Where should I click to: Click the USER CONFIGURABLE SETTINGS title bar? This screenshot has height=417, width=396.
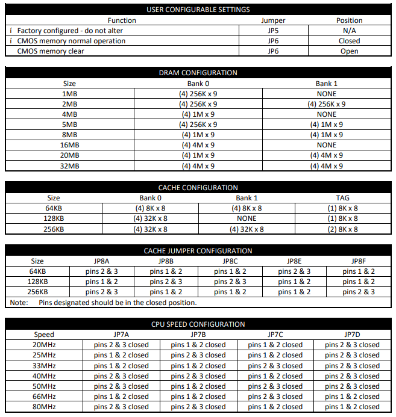pyautogui.click(x=198, y=10)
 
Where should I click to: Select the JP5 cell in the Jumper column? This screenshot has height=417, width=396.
pyautogui.click(x=272, y=31)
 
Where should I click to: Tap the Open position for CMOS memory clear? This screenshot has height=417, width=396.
pyautogui.click(x=349, y=51)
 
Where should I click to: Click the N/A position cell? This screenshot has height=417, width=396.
pyautogui.click(x=349, y=31)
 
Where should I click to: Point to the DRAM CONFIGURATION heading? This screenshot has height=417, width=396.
pyautogui.click(x=198, y=73)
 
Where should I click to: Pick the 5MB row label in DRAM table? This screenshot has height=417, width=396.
pyautogui.click(x=69, y=125)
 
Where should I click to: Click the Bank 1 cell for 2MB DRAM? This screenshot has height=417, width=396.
pyautogui.click(x=326, y=104)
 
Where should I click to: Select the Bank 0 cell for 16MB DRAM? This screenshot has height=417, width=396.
pyautogui.click(x=198, y=145)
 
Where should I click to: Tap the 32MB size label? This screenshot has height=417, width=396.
pyautogui.click(x=69, y=166)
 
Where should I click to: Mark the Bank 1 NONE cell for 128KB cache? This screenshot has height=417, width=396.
pyautogui.click(x=247, y=218)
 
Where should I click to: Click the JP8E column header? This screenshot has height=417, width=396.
pyautogui.click(x=294, y=261)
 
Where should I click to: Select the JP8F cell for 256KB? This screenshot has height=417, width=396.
pyautogui.click(x=359, y=292)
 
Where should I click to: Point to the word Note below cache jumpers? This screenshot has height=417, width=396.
pyautogui.click(x=19, y=303)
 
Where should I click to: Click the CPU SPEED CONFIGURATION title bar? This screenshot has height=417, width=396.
pyautogui.click(x=198, y=324)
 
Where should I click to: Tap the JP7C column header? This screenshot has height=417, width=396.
pyautogui.click(x=275, y=335)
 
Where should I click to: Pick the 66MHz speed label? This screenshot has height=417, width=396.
pyautogui.click(x=44, y=397)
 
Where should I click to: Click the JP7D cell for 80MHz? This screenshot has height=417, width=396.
pyautogui.click(x=352, y=407)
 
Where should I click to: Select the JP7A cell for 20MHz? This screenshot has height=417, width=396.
pyautogui.click(x=121, y=345)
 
